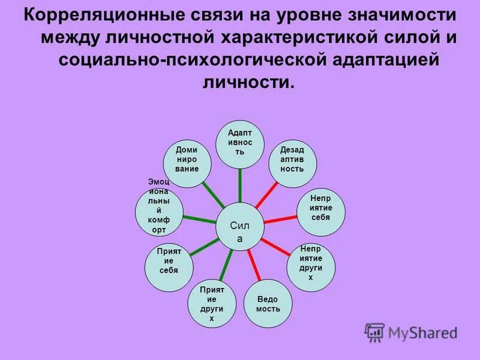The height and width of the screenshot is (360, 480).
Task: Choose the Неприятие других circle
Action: tap(310, 263)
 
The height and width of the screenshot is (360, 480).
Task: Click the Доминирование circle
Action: tap(187, 160)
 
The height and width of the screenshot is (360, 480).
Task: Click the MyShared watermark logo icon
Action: tap(375, 332)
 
